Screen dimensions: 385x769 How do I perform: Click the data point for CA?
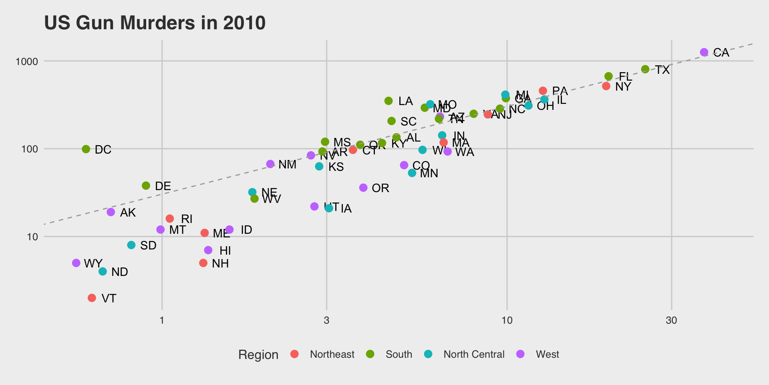click(704, 52)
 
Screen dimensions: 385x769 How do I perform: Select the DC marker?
click(86, 149)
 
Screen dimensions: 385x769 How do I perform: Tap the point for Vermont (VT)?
click(92, 298)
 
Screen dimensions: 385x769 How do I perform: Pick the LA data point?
click(389, 101)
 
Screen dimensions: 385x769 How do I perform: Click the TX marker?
click(645, 69)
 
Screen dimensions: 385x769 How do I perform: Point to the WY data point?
click(76, 263)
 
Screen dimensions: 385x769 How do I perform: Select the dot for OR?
click(363, 188)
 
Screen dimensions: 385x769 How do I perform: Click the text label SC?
click(409, 122)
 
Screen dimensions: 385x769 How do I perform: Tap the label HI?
click(225, 251)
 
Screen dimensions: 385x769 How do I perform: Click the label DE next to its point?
click(163, 186)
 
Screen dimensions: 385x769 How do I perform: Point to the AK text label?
click(128, 213)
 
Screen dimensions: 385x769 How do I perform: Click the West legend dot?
click(520, 354)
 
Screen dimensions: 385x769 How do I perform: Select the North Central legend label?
click(474, 354)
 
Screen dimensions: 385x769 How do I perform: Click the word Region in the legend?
click(258, 355)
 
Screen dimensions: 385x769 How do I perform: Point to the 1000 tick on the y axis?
click(26, 61)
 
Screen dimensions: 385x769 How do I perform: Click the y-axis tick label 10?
click(32, 237)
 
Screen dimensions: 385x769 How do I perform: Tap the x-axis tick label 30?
click(671, 320)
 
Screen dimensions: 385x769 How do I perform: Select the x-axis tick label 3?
click(326, 320)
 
